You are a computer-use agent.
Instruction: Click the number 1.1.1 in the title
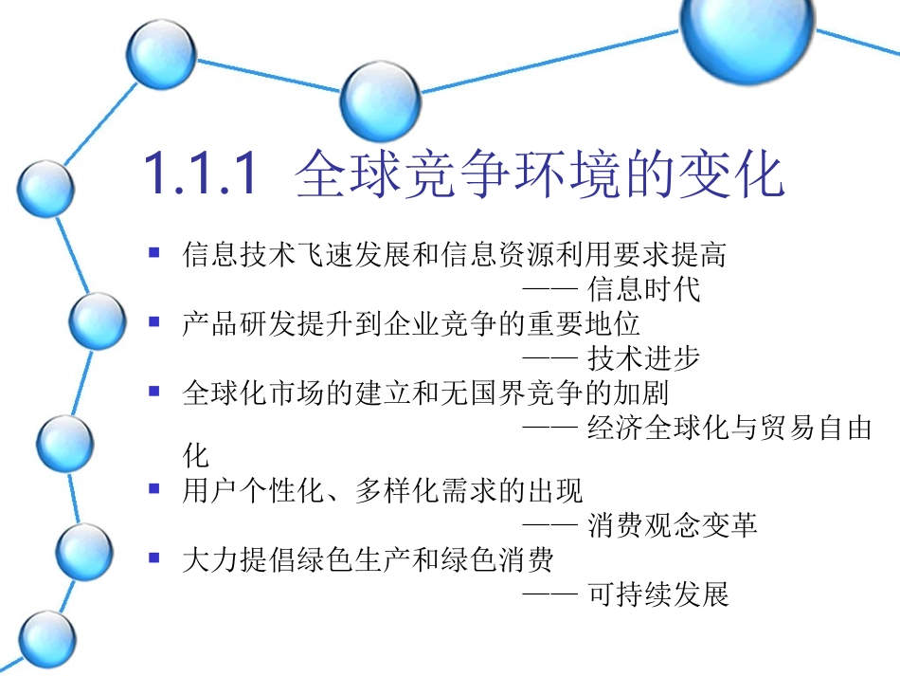(200, 174)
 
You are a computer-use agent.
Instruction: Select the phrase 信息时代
(644, 288)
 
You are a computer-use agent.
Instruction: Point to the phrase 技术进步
(644, 358)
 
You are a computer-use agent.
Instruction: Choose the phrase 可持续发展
(658, 594)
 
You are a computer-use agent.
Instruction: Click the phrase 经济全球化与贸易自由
(729, 429)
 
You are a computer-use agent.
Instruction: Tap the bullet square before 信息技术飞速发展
(154, 253)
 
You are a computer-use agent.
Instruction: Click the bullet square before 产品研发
(154, 323)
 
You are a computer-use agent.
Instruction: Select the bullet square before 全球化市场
(154, 391)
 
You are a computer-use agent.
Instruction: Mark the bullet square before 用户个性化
(154, 489)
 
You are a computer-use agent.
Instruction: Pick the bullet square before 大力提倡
(154, 558)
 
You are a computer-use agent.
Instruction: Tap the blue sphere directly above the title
(380, 102)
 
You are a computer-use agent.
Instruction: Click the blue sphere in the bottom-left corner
(46, 638)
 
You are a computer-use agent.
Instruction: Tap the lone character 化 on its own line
(195, 456)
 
